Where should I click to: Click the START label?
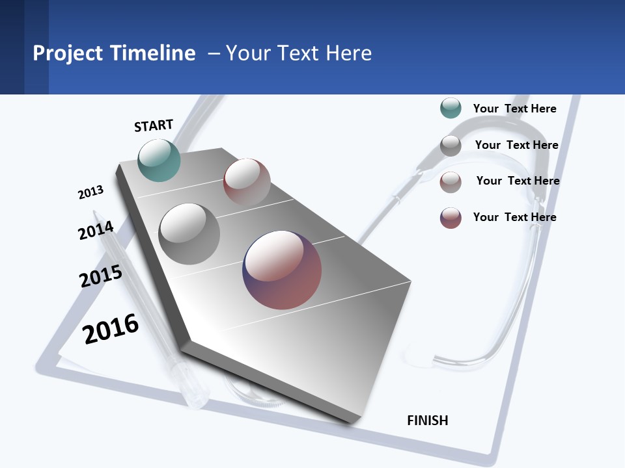coord(154,125)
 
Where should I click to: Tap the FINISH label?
coord(427,421)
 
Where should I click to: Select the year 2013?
coord(90,192)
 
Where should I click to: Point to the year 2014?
coord(96,231)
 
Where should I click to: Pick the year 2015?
coord(101,276)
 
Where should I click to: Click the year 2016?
coord(111,328)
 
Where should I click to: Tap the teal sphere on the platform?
coord(159,160)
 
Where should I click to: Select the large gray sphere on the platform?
coord(189,234)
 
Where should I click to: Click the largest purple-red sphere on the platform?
coord(282,270)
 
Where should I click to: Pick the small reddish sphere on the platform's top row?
coord(247,181)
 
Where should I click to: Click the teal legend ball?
coord(451,108)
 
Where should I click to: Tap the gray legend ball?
coord(451,145)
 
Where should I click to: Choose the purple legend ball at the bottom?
coord(451,218)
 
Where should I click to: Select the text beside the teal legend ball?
coord(514,109)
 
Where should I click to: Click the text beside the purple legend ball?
coord(514,217)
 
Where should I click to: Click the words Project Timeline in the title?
coord(114,53)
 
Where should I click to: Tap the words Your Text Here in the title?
coord(299,53)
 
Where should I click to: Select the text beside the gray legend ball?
coord(516,145)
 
